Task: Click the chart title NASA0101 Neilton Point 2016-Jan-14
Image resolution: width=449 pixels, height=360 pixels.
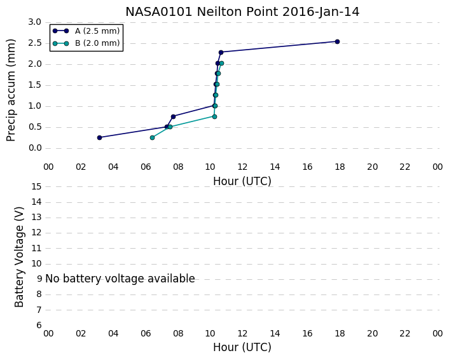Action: coord(242,12)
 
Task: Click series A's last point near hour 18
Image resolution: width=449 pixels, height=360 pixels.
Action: coord(337,41)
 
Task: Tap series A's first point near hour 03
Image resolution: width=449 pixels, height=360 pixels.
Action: coord(99,138)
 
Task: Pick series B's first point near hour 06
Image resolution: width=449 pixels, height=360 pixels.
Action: coord(153,138)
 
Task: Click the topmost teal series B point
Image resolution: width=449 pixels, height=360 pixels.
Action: coord(221,64)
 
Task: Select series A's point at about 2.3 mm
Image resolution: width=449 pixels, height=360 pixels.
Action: coord(221,52)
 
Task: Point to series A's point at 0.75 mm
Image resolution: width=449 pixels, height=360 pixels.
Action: coord(173,116)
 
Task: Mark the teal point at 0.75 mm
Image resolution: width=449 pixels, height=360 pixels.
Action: coord(214,116)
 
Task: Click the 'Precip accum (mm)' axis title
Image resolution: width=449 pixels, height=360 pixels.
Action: coord(11,90)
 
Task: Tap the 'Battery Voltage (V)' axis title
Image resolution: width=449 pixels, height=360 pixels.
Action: coord(19,257)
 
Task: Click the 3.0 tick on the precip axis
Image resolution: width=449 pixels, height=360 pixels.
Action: coord(35,22)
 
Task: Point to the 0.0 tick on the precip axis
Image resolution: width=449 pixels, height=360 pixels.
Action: coord(35,148)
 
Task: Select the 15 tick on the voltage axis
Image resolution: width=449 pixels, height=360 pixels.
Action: coord(36,187)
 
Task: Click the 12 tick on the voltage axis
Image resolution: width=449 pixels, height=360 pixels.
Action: coord(36,233)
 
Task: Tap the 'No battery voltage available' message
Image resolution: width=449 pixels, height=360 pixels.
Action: coord(120,279)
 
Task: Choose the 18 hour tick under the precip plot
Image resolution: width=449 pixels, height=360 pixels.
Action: coord(340,167)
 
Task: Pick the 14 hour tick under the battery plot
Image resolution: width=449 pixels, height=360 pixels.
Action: coord(275,333)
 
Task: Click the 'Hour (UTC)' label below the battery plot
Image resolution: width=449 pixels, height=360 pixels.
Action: coord(242,347)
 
